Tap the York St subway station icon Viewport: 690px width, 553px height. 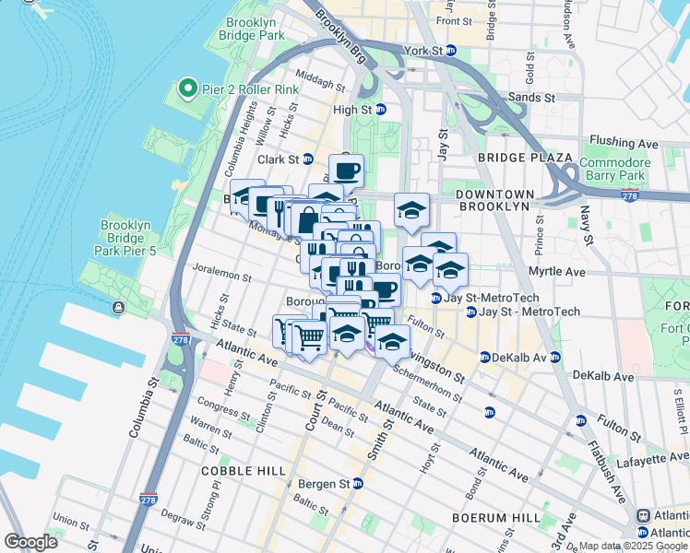pos(451,51)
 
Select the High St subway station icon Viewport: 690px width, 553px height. pos(380,110)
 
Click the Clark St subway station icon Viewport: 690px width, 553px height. pos(308,159)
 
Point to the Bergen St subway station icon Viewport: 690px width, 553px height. pos(358,483)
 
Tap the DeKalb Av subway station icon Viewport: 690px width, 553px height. pos(555,357)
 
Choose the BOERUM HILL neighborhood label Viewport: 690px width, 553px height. pos(488,518)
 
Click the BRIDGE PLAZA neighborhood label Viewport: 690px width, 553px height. pos(513,159)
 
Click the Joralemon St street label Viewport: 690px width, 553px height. pos(222,276)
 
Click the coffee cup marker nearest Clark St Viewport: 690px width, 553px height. pos(346,171)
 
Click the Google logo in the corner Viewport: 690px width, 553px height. pos(30,541)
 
